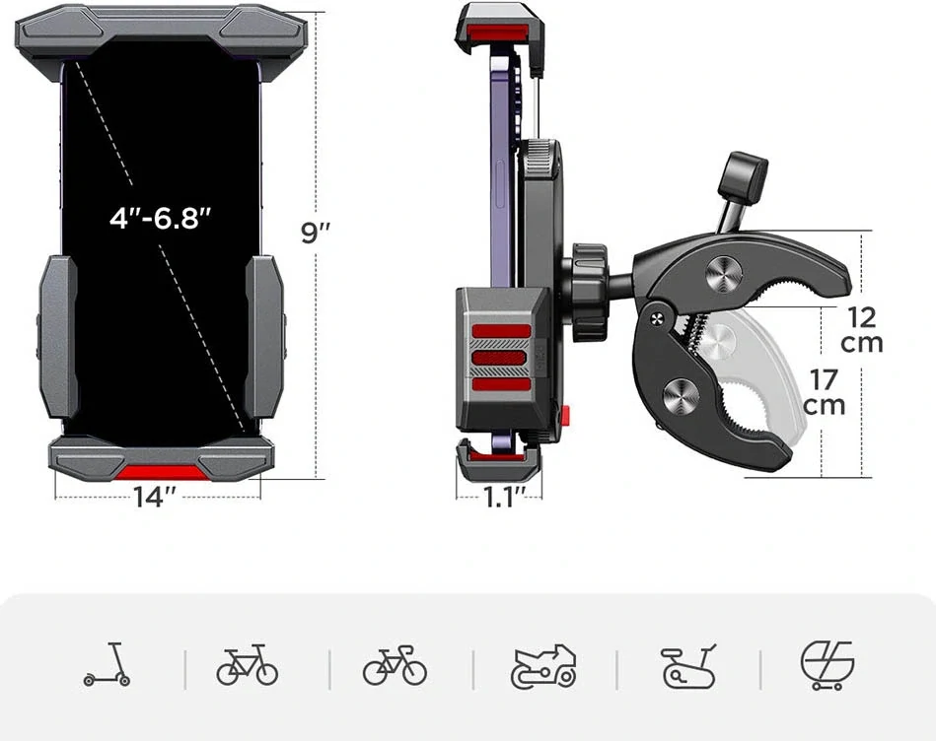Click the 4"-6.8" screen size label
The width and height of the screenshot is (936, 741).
161,218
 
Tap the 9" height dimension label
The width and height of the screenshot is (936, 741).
316,233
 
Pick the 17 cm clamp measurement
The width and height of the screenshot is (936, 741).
825,391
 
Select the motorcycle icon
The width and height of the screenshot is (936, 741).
542,666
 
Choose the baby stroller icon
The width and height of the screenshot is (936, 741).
827,665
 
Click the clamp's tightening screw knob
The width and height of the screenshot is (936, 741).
742,175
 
